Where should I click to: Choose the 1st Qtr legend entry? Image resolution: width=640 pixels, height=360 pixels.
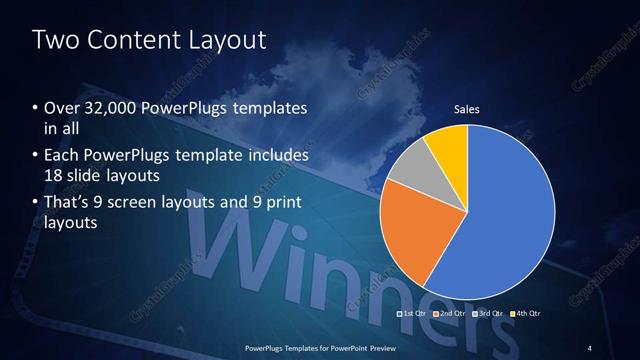(412, 313)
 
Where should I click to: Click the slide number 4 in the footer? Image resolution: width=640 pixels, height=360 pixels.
(590, 346)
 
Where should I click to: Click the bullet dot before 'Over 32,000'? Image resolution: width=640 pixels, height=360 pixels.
(36, 107)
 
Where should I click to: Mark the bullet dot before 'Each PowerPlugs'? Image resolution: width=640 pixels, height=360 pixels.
(36, 156)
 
